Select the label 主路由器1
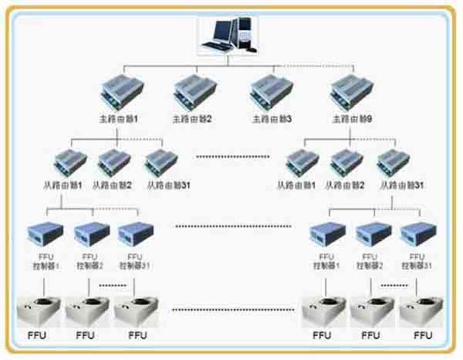pos(117,120)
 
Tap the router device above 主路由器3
pos(271,93)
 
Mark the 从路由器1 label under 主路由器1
pos(68,186)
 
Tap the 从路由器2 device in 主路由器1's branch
pos(114,162)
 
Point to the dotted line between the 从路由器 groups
pos(233,157)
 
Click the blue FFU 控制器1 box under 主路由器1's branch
pos(44,234)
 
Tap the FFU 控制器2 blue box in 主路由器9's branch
pos(374,234)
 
